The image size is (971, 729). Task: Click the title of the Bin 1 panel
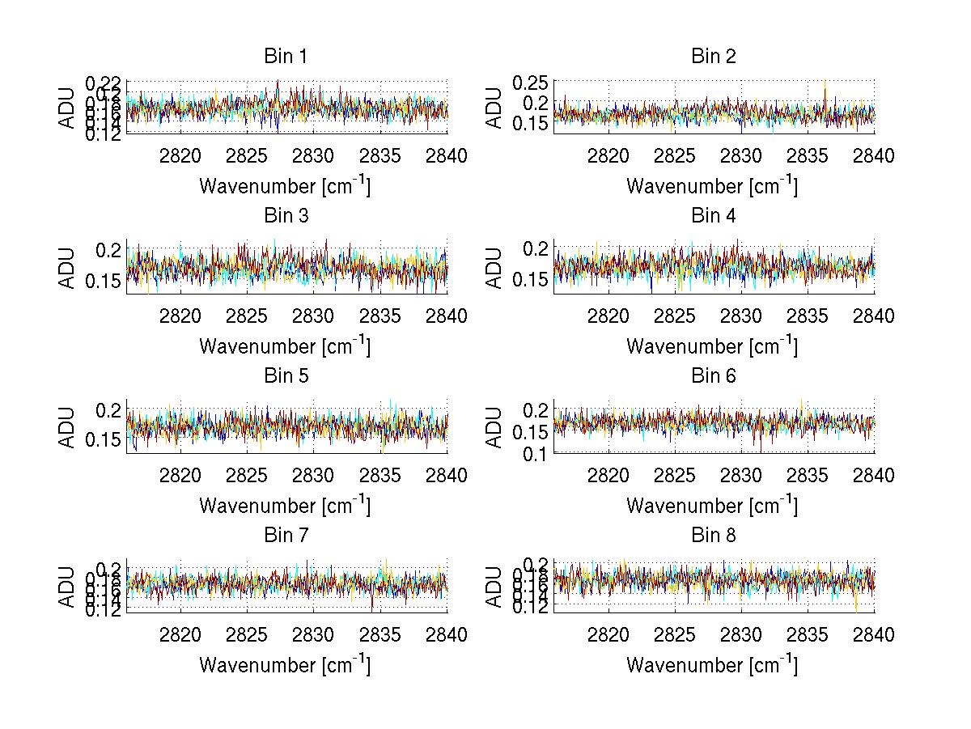point(286,57)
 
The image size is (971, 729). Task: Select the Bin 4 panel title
point(713,216)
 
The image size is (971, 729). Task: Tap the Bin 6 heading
point(713,376)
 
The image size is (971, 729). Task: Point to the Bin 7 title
point(286,536)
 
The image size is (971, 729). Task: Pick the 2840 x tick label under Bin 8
point(874,635)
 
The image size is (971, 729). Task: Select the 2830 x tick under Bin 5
point(313,476)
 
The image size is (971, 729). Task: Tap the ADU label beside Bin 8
point(494,587)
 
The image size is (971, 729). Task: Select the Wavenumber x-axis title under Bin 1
point(285,186)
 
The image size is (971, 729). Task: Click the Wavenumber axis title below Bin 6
point(712,506)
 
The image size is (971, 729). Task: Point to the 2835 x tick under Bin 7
point(381,635)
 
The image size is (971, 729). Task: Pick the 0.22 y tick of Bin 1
point(104,83)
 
